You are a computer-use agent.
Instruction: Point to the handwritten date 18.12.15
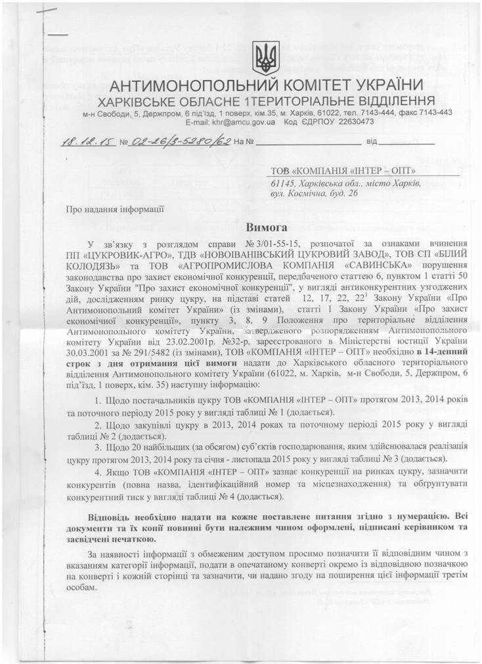[x=77, y=142]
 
